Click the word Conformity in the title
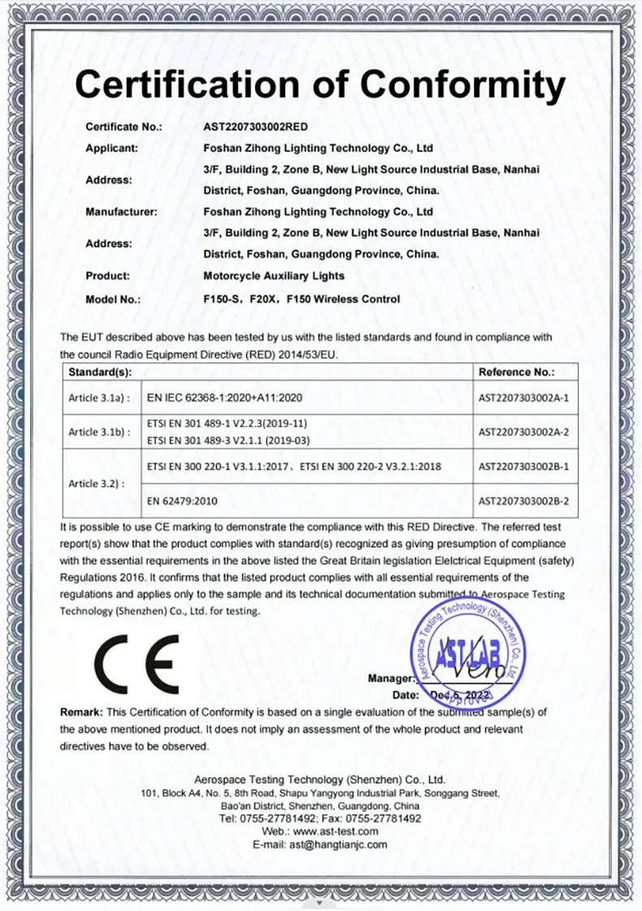(462, 83)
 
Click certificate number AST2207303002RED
(255, 127)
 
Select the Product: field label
(108, 275)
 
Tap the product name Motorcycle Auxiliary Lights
(274, 275)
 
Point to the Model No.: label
(113, 299)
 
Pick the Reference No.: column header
(517, 372)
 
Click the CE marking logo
(136, 661)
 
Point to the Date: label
(406, 696)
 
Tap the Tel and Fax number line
(320, 818)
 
